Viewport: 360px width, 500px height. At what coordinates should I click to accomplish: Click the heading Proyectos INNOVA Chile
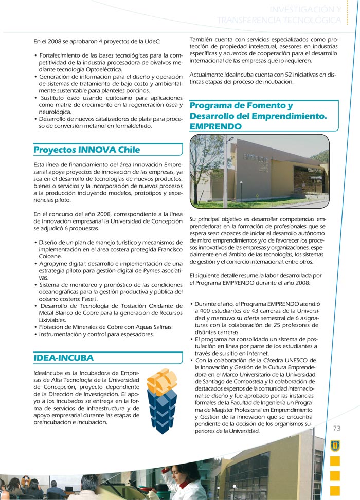(86, 150)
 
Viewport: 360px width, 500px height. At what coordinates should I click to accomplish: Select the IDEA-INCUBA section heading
(63, 358)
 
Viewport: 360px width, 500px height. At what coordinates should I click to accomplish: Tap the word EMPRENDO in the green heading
(215, 126)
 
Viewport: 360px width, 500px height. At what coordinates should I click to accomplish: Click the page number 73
(337, 429)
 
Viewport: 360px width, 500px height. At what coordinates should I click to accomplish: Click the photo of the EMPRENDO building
(259, 171)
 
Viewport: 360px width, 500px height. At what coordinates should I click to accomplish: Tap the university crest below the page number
(335, 445)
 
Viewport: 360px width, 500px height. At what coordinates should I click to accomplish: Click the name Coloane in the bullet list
(50, 256)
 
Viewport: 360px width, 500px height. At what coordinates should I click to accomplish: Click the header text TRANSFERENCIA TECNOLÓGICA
(279, 20)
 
